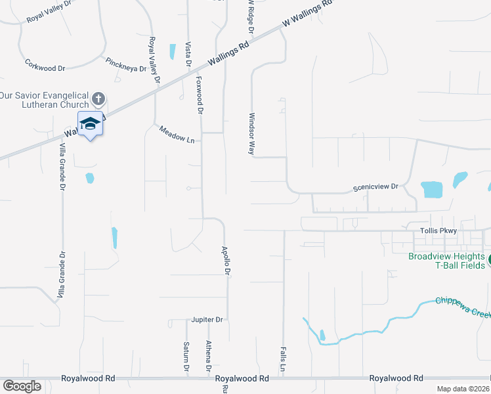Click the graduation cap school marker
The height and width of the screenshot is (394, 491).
pyautogui.click(x=90, y=123)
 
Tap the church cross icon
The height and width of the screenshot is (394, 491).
pyautogui.click(x=98, y=100)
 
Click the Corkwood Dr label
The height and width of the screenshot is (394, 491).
pyautogui.click(x=45, y=67)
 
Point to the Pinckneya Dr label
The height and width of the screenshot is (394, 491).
pyautogui.click(x=125, y=64)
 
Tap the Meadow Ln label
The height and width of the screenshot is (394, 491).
pyautogui.click(x=177, y=135)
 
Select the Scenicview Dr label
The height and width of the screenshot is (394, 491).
pyautogui.click(x=375, y=186)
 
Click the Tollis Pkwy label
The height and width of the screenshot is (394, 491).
pyautogui.click(x=438, y=231)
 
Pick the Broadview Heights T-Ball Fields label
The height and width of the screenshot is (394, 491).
pyautogui.click(x=446, y=260)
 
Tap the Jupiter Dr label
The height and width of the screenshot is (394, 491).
pyautogui.click(x=207, y=320)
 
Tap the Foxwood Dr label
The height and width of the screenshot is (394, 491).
pyautogui.click(x=200, y=95)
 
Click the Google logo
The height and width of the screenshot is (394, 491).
pyautogui.click(x=22, y=386)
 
